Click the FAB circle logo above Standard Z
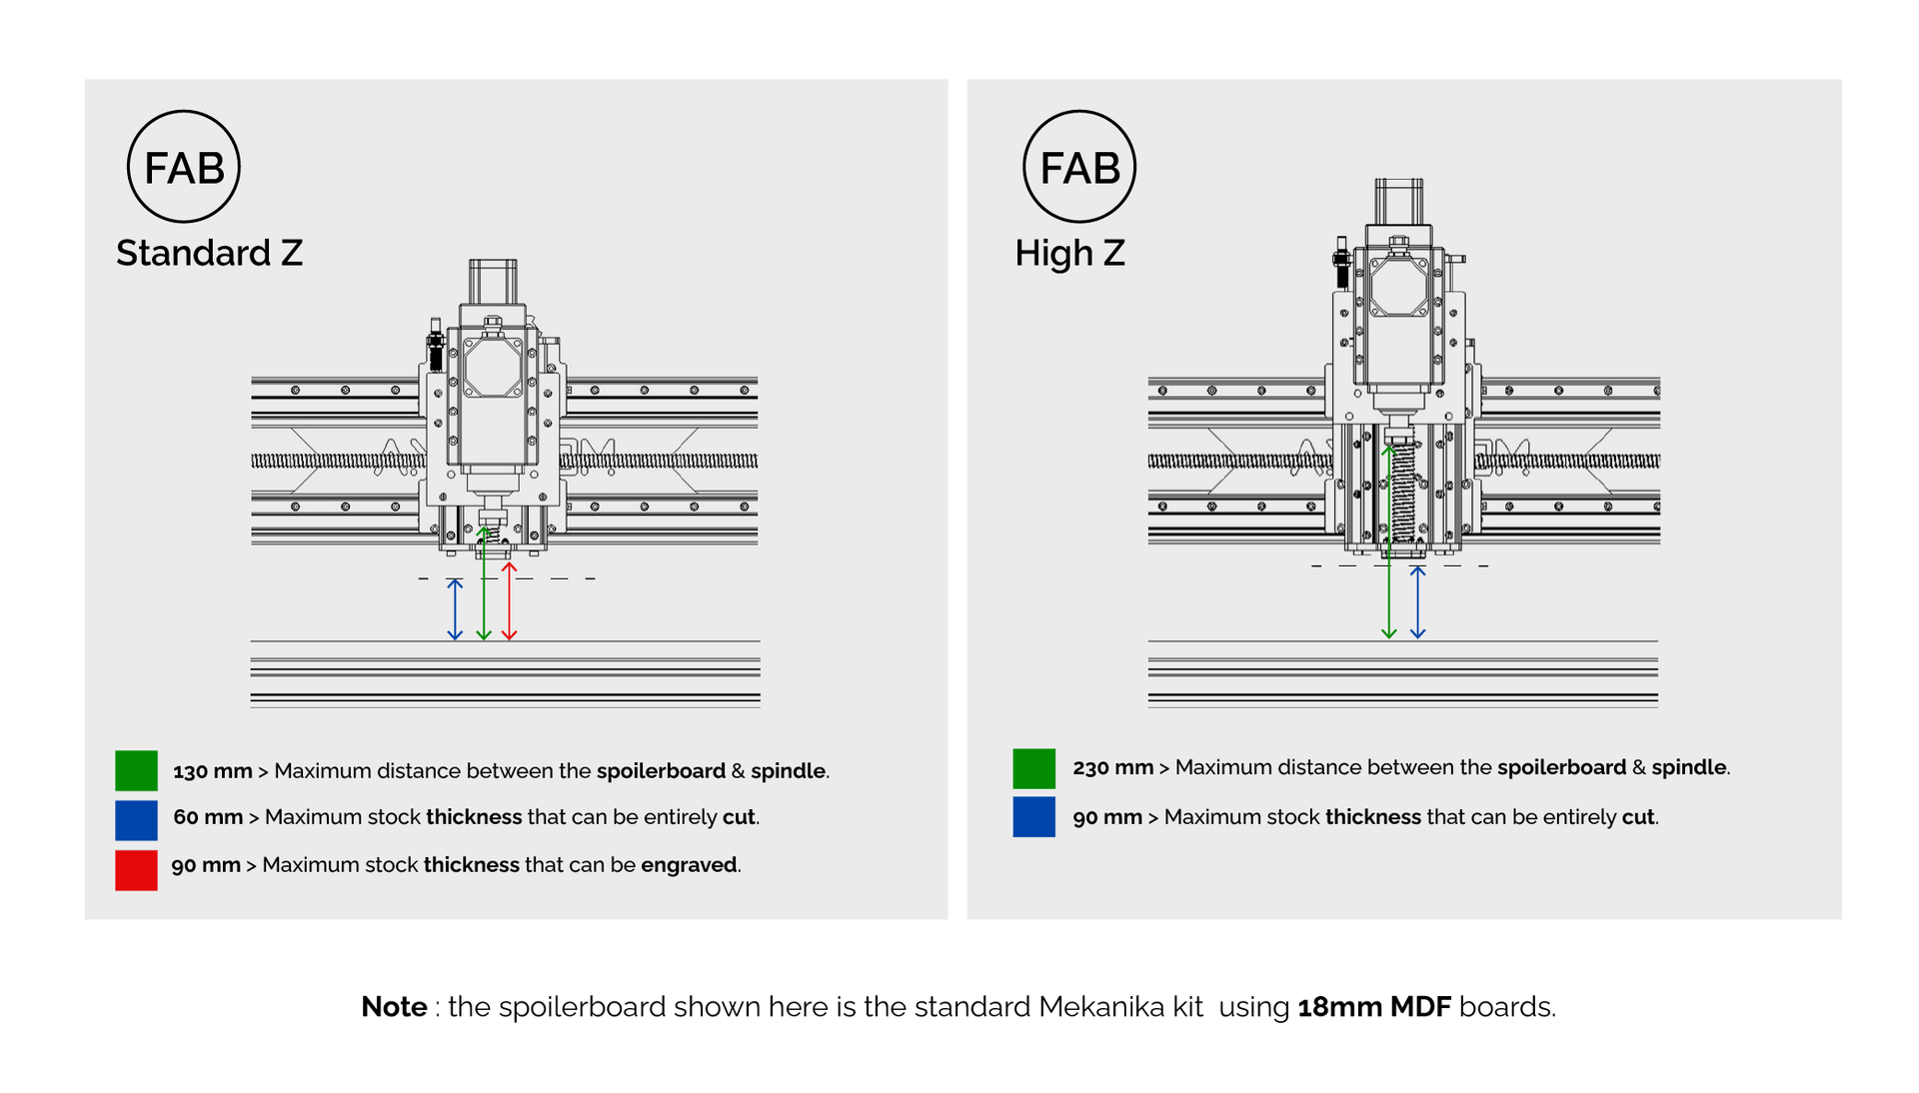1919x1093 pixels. pyautogui.click(x=183, y=167)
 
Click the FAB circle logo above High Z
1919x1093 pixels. pyautogui.click(x=1078, y=167)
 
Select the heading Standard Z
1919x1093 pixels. pyautogui.click(x=209, y=253)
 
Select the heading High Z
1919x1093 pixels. pyautogui.click(x=1069, y=253)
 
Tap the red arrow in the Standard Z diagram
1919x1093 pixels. pyautogui.click(x=509, y=601)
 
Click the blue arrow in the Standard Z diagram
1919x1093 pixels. pyautogui.click(x=455, y=609)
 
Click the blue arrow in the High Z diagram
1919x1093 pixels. pyautogui.click(x=1417, y=602)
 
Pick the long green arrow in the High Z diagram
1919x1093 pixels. pyautogui.click(x=1388, y=545)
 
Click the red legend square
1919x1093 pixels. pyautogui.click(x=136, y=869)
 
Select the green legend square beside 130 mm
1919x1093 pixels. pyautogui.click(x=136, y=770)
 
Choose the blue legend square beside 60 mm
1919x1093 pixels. pyautogui.click(x=136, y=819)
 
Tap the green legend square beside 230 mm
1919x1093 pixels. pyautogui.click(x=1033, y=768)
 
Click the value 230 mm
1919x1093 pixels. pyautogui.click(x=1112, y=767)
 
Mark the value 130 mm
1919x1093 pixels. pyautogui.click(x=212, y=771)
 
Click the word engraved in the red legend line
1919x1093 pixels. pyautogui.click(x=689, y=865)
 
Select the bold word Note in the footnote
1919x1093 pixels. pyautogui.click(x=394, y=1007)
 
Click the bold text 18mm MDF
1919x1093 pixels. pyautogui.click(x=1373, y=1007)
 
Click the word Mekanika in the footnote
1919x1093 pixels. pyautogui.click(x=1120, y=1007)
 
